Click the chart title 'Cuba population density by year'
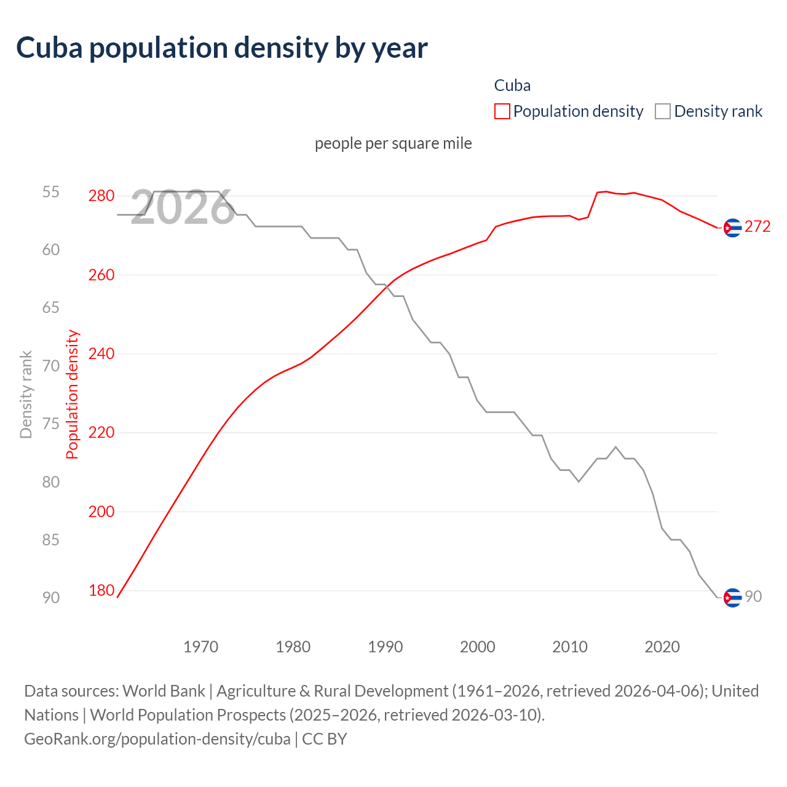(x=222, y=48)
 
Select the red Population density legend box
(x=502, y=111)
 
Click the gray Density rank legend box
(x=663, y=111)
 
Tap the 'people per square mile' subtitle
(x=393, y=143)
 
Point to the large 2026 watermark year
(x=183, y=208)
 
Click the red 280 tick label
(x=101, y=196)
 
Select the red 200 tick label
(x=101, y=512)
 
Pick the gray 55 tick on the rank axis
(x=51, y=192)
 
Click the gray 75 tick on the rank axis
(x=51, y=424)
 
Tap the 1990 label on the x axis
(x=386, y=647)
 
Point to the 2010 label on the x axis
(x=570, y=647)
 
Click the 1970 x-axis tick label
(x=201, y=647)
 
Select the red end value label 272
(x=757, y=227)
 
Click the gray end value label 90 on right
(x=753, y=597)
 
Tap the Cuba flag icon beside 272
(x=732, y=227)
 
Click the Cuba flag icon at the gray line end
(x=732, y=598)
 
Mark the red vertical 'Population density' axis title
(x=73, y=394)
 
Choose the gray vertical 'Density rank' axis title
(x=26, y=394)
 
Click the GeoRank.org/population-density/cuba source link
(x=157, y=739)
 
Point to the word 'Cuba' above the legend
(x=512, y=85)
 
